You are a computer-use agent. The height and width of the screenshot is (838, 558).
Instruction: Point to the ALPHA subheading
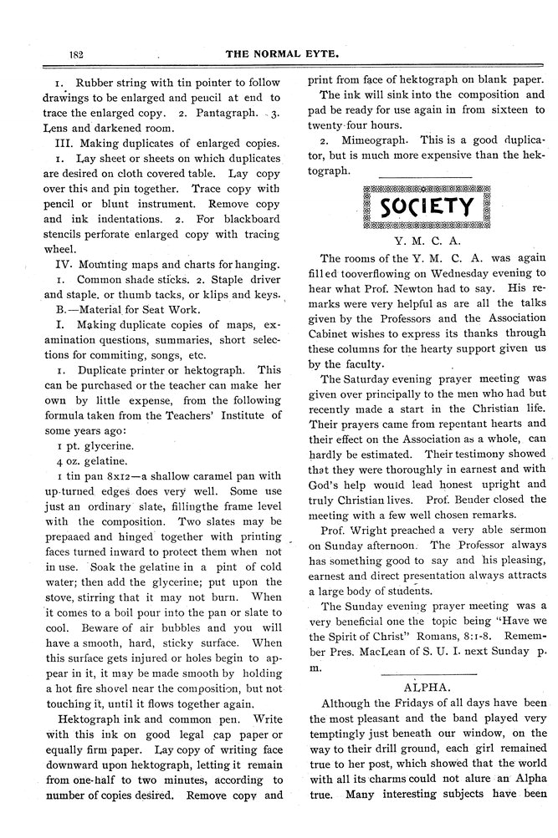click(427, 661)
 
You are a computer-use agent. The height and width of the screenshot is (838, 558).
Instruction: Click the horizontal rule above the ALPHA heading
click(427, 648)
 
